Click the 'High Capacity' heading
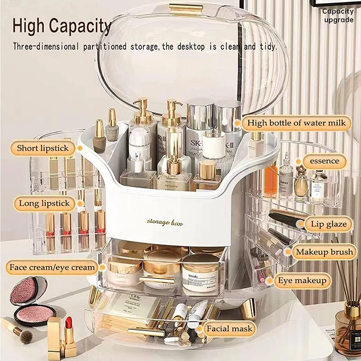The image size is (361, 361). [62, 26]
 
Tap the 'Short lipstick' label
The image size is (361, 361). [43, 148]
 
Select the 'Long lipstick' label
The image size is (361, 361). [44, 204]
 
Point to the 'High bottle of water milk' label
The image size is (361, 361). [296, 123]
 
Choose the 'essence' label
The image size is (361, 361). [324, 161]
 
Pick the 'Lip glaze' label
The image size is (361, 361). [329, 224]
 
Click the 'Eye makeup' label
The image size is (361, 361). [302, 281]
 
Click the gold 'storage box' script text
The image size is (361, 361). [164, 222]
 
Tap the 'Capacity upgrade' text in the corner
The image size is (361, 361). [338, 16]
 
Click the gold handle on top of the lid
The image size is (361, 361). [185, 9]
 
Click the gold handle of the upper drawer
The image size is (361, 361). [157, 280]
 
